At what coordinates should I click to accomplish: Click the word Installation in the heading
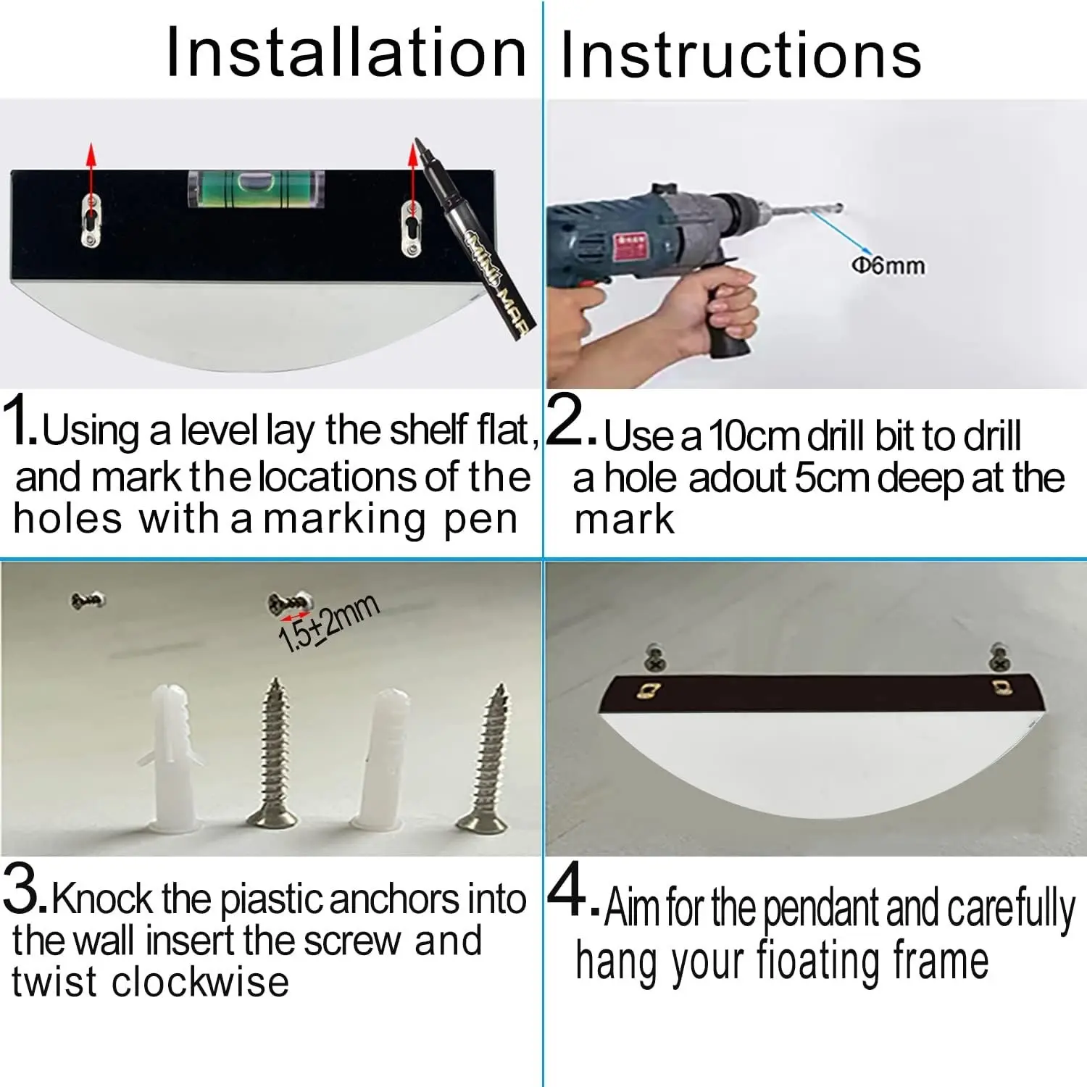click(x=346, y=51)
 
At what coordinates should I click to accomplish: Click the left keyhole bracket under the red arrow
click(x=91, y=221)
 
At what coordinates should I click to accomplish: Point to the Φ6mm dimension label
click(x=888, y=265)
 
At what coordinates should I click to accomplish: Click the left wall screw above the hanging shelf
click(x=655, y=657)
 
